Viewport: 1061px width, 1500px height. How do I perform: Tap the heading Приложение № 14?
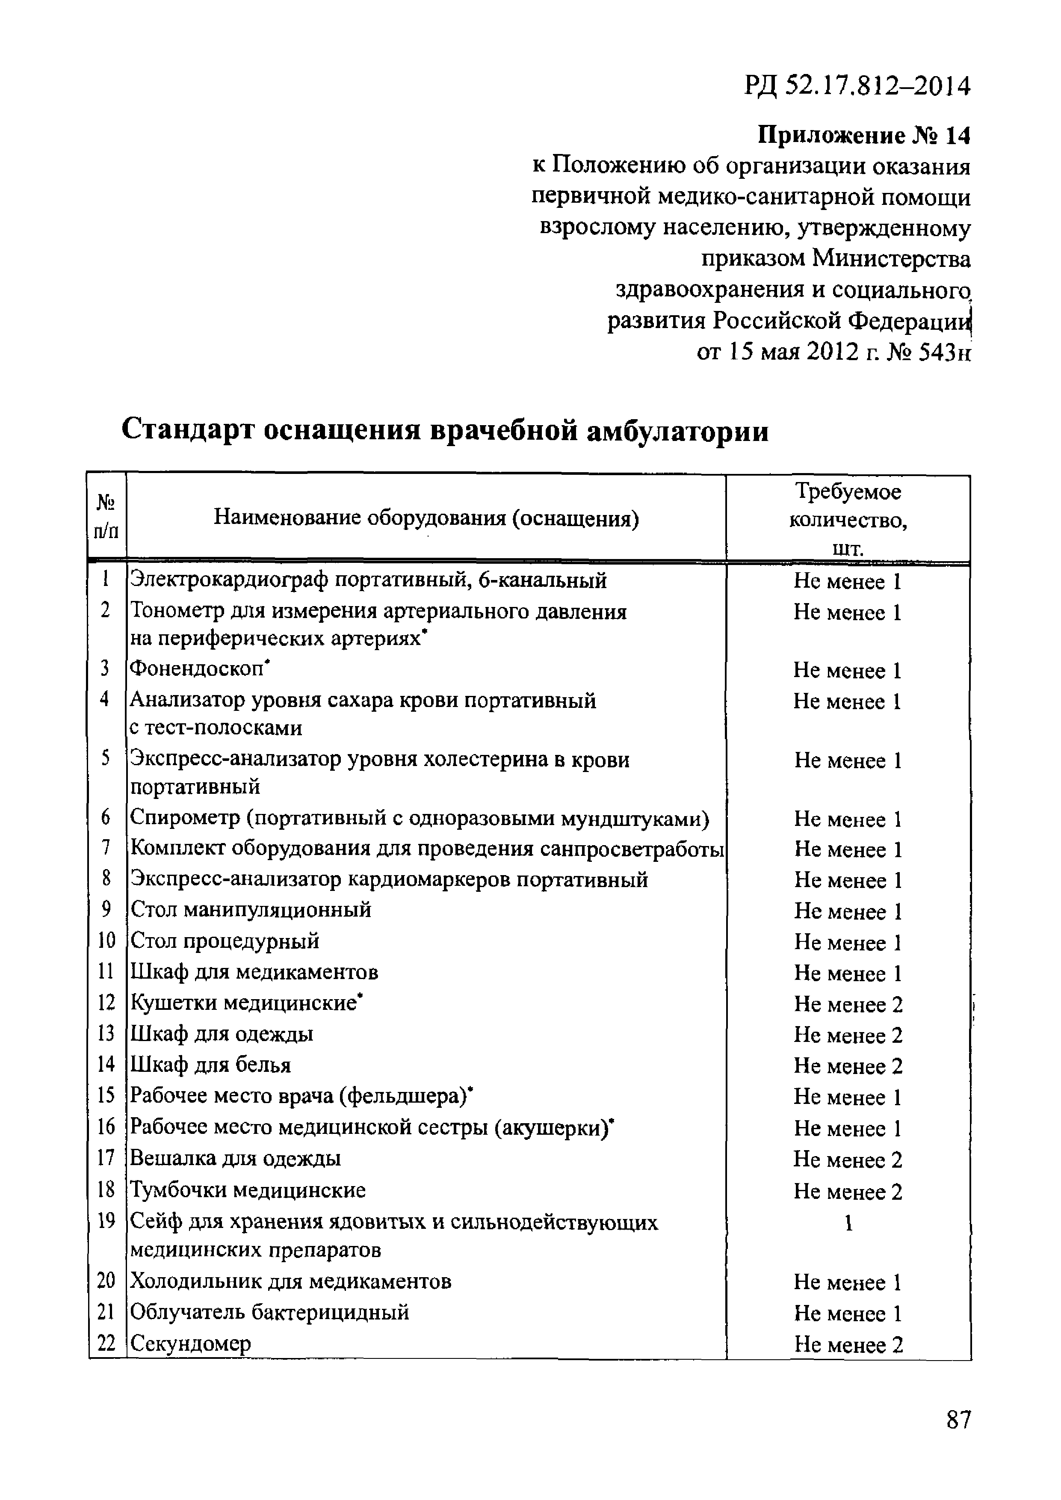pos(864,136)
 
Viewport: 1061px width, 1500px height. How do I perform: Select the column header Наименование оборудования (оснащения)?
pos(426,519)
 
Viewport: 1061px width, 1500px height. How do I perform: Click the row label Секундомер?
pos(191,1343)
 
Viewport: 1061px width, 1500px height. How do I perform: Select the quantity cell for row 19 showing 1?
pos(848,1223)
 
